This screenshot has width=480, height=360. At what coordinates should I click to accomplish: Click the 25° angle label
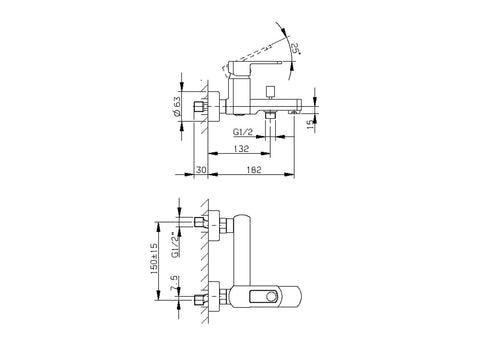[x=295, y=49]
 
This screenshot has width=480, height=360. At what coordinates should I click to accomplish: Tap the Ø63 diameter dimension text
[x=177, y=106]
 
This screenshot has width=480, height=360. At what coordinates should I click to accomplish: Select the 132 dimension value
[x=241, y=148]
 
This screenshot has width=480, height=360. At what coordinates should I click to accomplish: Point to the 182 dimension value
[x=254, y=170]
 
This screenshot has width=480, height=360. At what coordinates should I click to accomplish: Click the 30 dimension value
[x=201, y=170]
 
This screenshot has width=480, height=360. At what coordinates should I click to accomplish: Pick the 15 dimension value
[x=310, y=124]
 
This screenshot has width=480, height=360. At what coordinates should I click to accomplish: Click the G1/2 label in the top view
[x=243, y=132]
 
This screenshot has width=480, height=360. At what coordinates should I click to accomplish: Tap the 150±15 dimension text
[x=154, y=258]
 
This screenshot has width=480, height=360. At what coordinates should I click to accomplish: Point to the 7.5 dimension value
[x=174, y=283]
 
